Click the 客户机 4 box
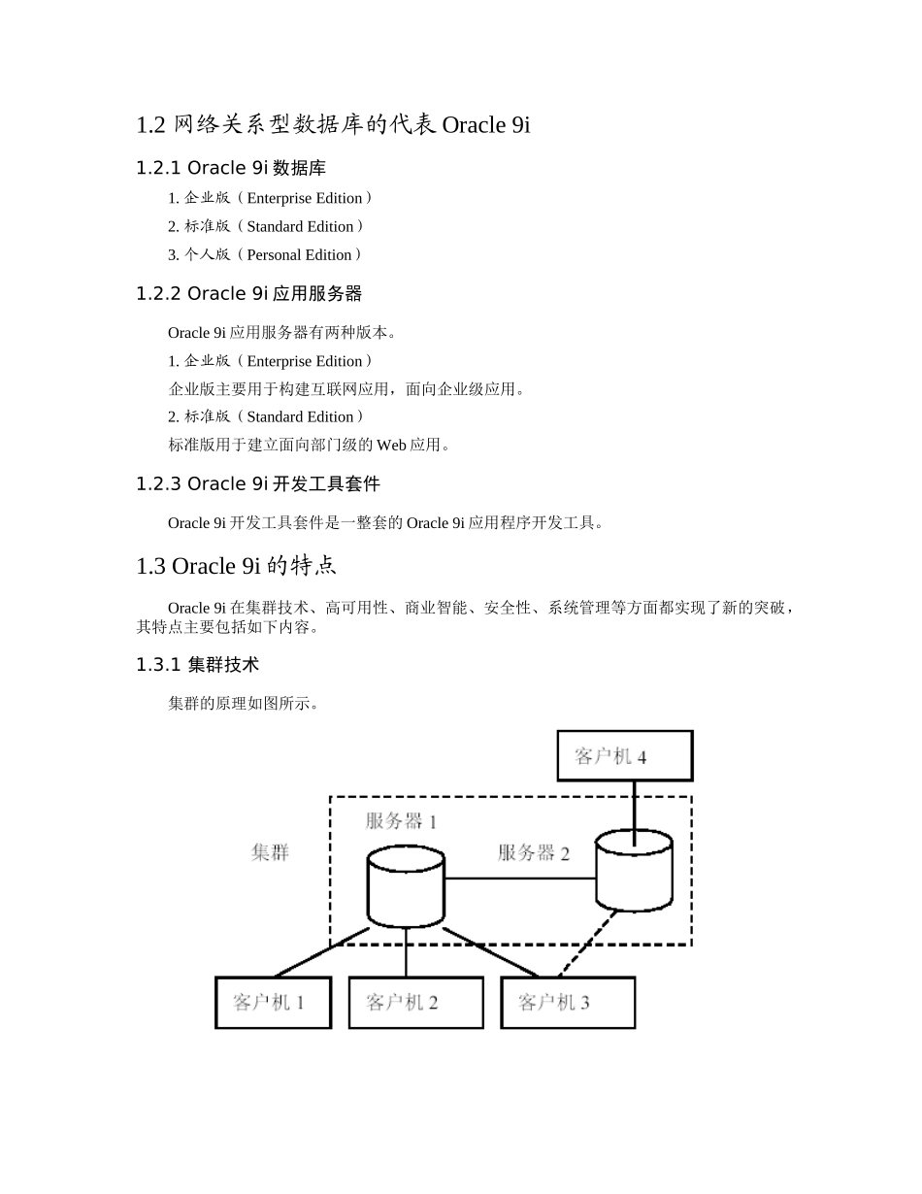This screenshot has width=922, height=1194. (x=624, y=755)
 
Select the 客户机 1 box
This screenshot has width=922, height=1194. (x=273, y=1002)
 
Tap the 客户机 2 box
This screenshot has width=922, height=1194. (x=415, y=1002)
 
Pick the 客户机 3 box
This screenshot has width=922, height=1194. (x=568, y=1002)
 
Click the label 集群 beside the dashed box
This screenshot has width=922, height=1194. (x=270, y=853)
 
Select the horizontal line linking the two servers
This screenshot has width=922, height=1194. (x=519, y=879)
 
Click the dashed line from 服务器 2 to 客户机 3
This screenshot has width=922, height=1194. (x=588, y=942)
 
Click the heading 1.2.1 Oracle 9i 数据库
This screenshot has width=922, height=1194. (x=231, y=168)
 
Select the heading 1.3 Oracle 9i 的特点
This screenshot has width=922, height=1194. (x=237, y=566)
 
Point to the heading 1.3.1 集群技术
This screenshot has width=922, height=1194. (x=197, y=665)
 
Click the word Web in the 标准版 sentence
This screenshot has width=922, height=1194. (x=391, y=445)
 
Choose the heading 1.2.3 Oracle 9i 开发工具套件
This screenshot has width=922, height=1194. (x=258, y=483)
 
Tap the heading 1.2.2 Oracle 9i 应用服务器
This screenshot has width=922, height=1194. (x=248, y=293)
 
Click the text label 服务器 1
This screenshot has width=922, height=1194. (x=401, y=821)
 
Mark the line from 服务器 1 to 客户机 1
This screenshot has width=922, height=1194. (x=322, y=952)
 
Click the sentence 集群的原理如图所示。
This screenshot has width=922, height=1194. (x=244, y=703)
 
